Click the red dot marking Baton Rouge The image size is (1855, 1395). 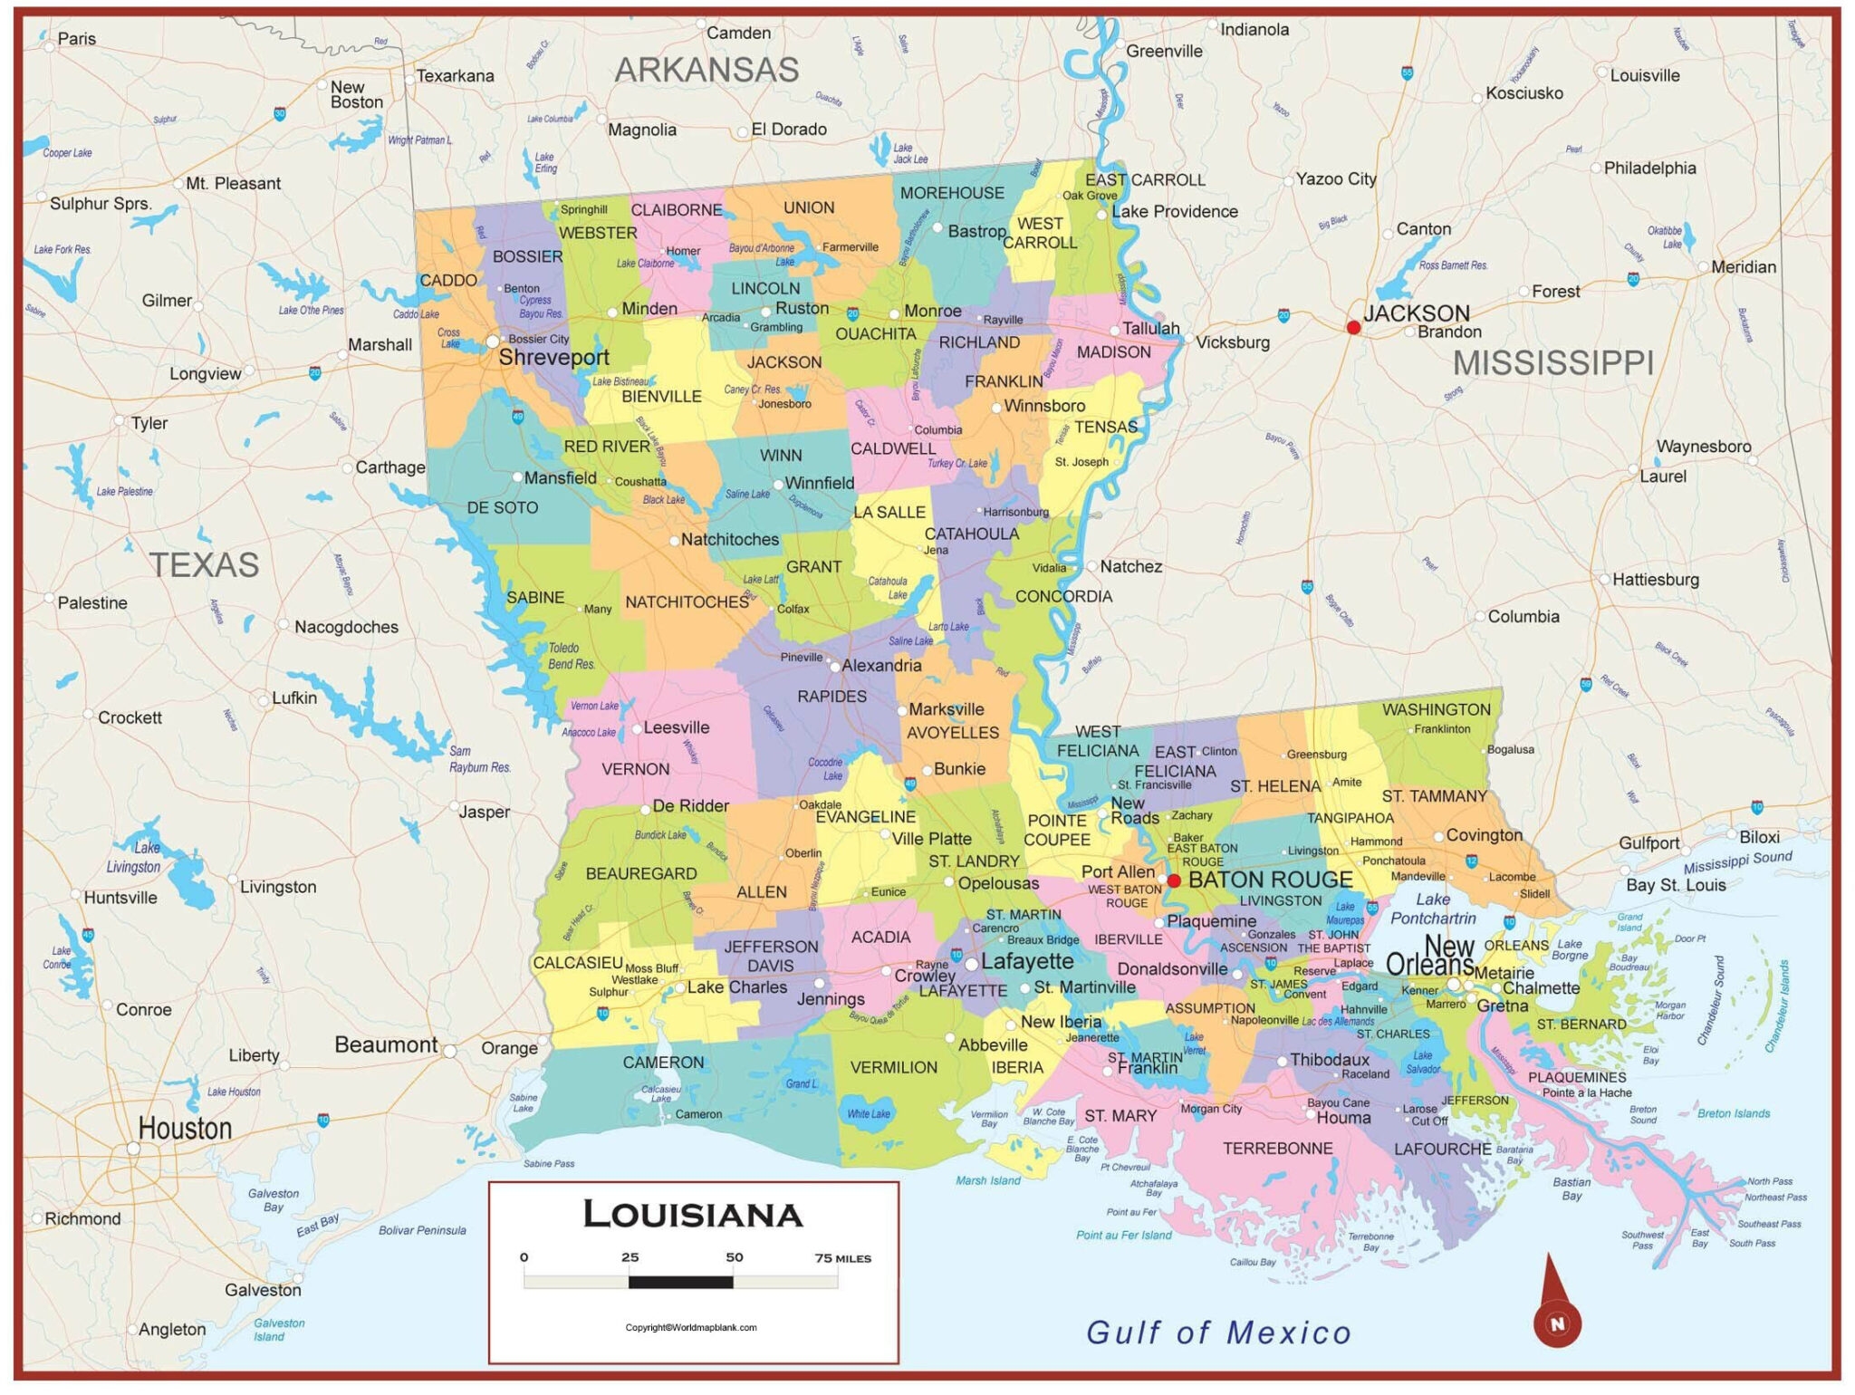click(x=1174, y=880)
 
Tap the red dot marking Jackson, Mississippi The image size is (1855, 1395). click(x=1353, y=328)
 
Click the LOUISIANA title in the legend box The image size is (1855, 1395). click(x=693, y=1215)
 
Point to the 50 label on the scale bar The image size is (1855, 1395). click(x=734, y=1257)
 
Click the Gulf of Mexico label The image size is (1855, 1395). click(x=1218, y=1332)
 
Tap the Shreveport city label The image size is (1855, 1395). click(x=553, y=357)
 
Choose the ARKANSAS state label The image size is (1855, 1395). click(x=706, y=70)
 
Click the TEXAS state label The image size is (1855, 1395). click(x=204, y=565)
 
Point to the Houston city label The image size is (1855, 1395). click(x=185, y=1129)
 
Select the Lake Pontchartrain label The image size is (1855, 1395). click(x=1433, y=909)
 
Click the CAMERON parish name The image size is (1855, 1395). click(x=663, y=1063)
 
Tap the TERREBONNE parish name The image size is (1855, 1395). click(x=1277, y=1149)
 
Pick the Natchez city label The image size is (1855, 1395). click(x=1130, y=567)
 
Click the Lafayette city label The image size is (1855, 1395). click(x=1027, y=961)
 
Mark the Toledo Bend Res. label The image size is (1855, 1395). click(x=570, y=657)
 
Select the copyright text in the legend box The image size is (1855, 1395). click(x=690, y=1328)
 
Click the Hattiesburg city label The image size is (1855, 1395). click(x=1655, y=580)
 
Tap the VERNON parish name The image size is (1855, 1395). click(x=635, y=769)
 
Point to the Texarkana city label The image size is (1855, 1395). click(x=455, y=76)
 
